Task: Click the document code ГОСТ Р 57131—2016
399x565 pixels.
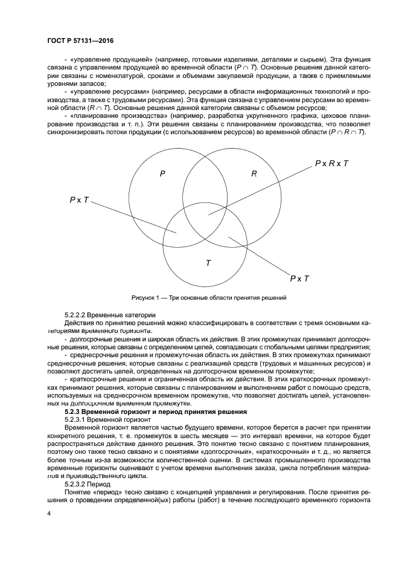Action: [x=80, y=40]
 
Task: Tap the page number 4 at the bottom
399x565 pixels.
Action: [x=49, y=513]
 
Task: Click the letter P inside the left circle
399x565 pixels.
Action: [x=162, y=173]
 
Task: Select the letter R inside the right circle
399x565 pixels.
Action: [x=254, y=173]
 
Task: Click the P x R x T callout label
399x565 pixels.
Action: [x=331, y=164]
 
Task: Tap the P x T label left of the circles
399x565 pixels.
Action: [x=79, y=199]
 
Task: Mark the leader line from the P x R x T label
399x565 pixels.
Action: [x=260, y=189]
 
